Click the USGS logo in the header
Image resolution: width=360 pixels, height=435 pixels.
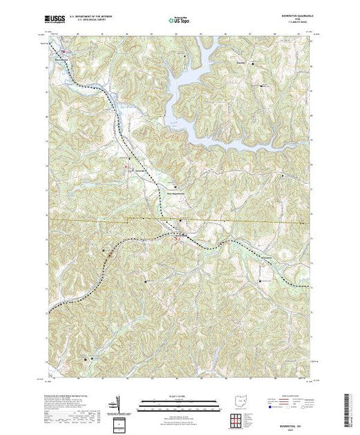(x=55, y=21)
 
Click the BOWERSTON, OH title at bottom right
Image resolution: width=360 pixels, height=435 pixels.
(x=296, y=415)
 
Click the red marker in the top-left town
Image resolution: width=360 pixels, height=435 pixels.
(x=63, y=49)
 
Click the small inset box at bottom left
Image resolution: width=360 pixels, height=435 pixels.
(x=122, y=422)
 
